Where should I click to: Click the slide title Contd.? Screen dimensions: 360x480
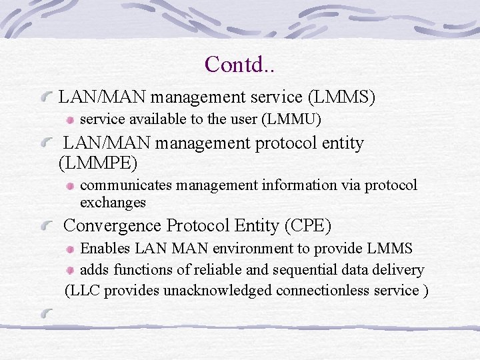(x=241, y=64)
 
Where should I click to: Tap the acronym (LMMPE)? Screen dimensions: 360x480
(x=99, y=162)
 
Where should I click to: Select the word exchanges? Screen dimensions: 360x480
(x=113, y=202)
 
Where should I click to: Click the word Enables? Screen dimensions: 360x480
(x=105, y=249)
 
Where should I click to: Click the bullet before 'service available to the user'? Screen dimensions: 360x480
(x=71, y=121)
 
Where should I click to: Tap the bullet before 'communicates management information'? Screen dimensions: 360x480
(x=71, y=186)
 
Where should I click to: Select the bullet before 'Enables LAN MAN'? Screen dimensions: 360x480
(x=71, y=249)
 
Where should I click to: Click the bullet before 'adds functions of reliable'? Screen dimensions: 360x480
(x=71, y=271)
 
